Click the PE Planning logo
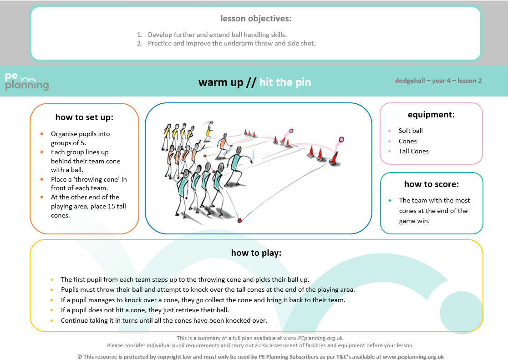[27, 81]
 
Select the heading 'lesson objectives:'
[256, 19]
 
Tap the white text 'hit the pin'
[285, 82]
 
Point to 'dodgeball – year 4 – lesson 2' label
[438, 81]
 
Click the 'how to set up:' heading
[84, 117]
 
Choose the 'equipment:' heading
[431, 115]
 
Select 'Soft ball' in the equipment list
[411, 131]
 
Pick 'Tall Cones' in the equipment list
[413, 151]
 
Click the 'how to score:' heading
[431, 184]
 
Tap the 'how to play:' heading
[256, 253]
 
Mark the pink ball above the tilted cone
[341, 139]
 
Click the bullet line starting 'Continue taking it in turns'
[164, 320]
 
